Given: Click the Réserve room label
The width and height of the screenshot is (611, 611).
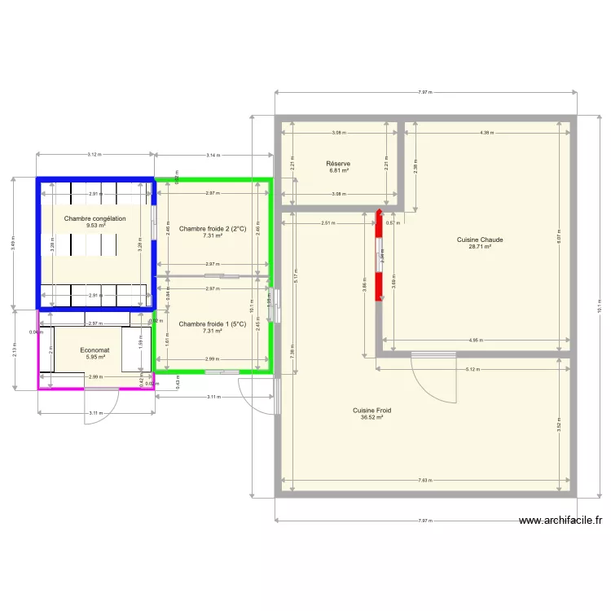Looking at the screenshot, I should click(x=338, y=164).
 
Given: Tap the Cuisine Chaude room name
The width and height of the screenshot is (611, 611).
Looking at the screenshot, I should click(x=480, y=240).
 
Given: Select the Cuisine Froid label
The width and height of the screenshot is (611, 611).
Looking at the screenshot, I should click(x=371, y=411).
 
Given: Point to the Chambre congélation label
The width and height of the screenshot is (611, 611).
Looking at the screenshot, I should click(x=95, y=219).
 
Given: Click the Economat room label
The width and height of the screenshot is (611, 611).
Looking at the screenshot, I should click(x=95, y=350).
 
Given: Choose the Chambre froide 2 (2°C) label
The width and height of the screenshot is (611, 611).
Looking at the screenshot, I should click(x=213, y=229).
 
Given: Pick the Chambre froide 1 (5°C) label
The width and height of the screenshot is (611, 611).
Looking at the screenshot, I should click(x=213, y=324).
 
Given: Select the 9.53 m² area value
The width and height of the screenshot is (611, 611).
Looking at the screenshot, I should click(x=95, y=226).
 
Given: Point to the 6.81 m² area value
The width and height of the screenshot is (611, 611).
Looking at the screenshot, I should click(x=338, y=170).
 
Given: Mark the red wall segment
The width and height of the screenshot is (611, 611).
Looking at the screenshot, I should click(x=379, y=256).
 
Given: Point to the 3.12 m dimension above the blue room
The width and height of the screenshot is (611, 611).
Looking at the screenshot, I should click(x=95, y=154).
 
